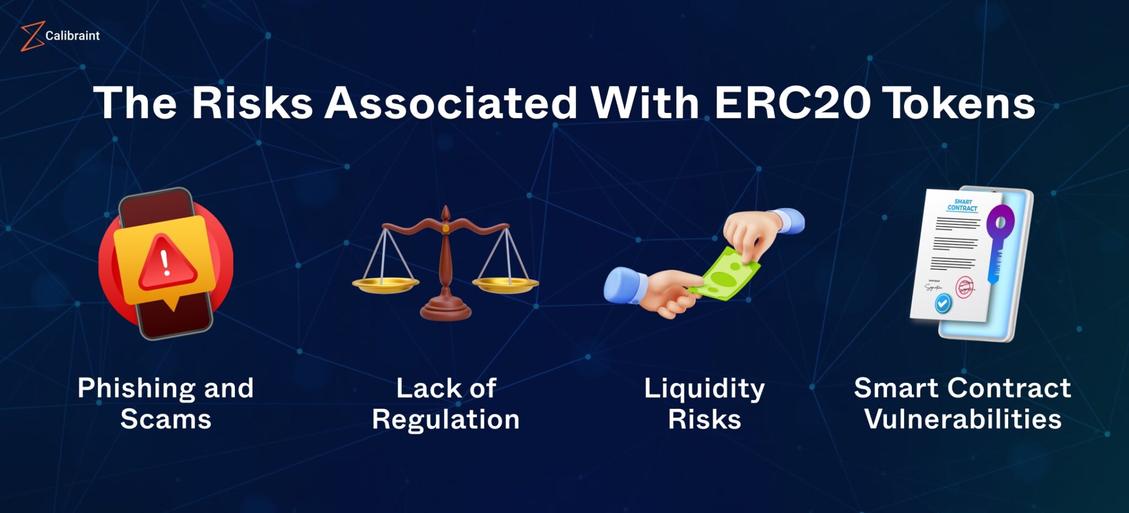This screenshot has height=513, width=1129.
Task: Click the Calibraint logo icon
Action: click(x=32, y=36)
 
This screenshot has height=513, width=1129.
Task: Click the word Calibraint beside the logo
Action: click(x=72, y=36)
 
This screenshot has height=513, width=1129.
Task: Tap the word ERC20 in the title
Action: click(x=792, y=103)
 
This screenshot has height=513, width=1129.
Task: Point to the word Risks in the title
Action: click(x=252, y=103)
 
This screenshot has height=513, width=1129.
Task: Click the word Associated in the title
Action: click(x=450, y=103)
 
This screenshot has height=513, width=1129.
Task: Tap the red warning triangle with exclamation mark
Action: click(x=166, y=263)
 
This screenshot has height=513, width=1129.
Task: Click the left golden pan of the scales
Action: click(x=385, y=284)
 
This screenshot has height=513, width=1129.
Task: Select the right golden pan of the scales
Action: click(x=505, y=284)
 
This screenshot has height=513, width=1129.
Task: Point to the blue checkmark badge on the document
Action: click(x=943, y=303)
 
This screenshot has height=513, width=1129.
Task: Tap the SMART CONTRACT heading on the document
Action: click(x=963, y=205)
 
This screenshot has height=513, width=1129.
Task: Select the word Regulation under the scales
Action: click(x=445, y=420)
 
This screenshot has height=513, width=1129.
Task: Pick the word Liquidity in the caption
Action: click(x=704, y=388)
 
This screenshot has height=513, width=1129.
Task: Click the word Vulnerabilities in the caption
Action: click(x=963, y=420)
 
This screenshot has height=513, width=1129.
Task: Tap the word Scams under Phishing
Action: click(x=165, y=420)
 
